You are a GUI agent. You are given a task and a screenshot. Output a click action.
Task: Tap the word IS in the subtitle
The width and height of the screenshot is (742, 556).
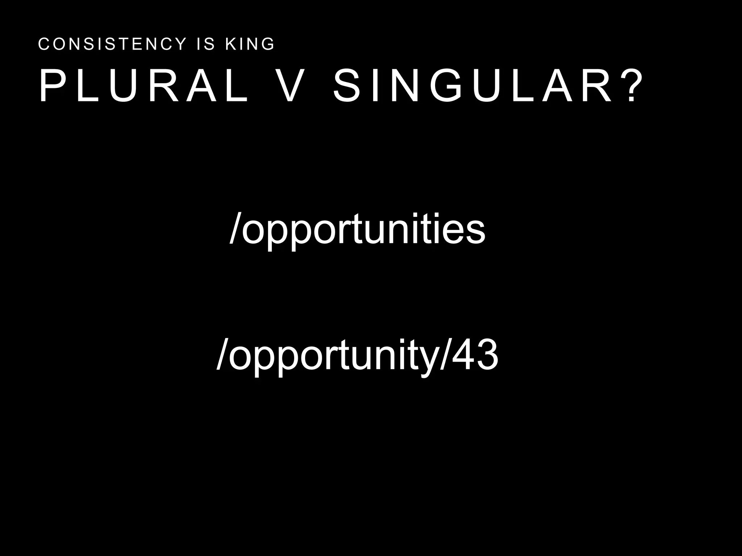(205, 44)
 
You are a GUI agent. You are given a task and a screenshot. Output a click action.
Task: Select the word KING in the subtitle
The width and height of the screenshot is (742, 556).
(250, 44)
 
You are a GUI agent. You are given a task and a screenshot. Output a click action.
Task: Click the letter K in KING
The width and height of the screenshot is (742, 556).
(230, 44)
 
